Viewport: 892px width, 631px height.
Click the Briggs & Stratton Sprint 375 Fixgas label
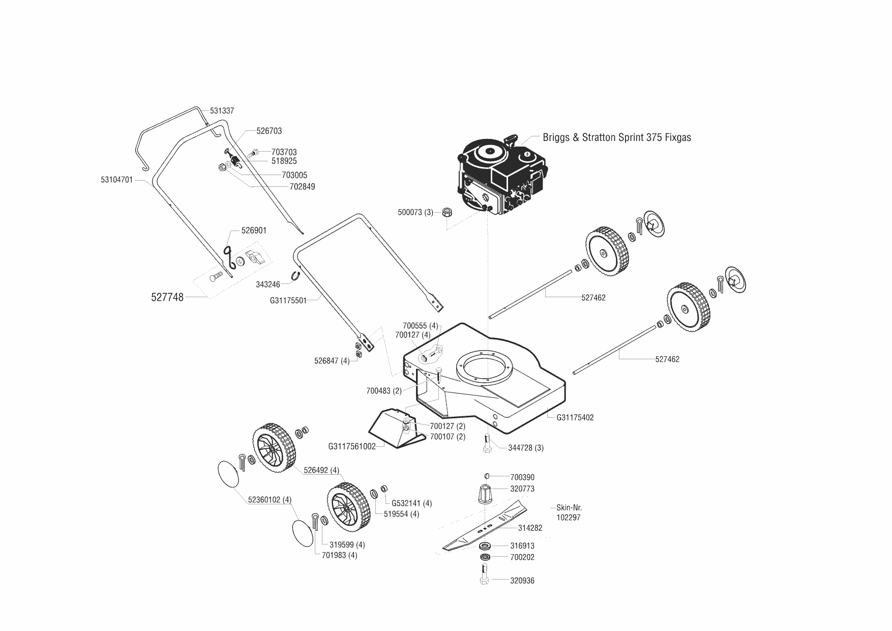pyautogui.click(x=617, y=137)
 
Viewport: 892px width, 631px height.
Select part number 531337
pyautogui.click(x=222, y=111)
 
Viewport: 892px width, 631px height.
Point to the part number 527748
pyautogui.click(x=167, y=297)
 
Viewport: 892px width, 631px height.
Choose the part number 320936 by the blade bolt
pyautogui.click(x=522, y=581)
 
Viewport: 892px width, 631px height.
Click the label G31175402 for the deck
pyautogui.click(x=575, y=418)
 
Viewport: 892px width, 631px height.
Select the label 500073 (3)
pyautogui.click(x=415, y=212)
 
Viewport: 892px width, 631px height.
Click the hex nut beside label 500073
pyautogui.click(x=447, y=212)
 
